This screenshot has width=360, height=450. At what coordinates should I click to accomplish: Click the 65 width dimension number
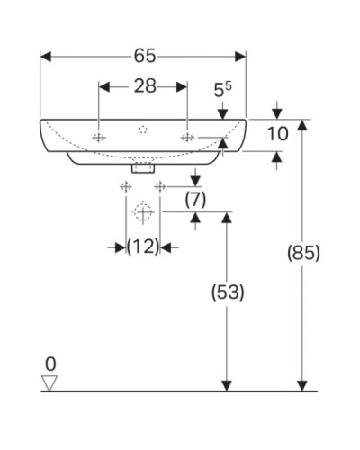(x=143, y=56)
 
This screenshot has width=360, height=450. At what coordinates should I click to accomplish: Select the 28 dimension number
(x=143, y=86)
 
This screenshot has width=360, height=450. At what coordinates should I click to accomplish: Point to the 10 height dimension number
(x=278, y=135)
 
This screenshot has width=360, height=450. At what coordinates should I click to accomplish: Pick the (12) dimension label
(x=143, y=246)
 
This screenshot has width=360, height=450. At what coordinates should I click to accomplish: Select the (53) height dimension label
(x=228, y=292)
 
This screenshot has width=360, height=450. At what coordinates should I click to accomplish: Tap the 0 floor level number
(x=51, y=364)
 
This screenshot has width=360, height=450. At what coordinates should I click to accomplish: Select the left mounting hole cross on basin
(x=99, y=138)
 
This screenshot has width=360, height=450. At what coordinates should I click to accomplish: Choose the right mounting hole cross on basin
(x=187, y=138)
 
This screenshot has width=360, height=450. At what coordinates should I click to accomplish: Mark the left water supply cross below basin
(x=126, y=186)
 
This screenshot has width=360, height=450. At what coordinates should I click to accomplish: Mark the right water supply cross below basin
(x=160, y=186)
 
